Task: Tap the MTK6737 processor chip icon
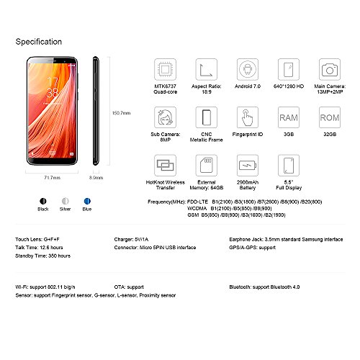pyautogui.click(x=166, y=70)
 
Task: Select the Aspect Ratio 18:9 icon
pyautogui.click(x=207, y=70)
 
